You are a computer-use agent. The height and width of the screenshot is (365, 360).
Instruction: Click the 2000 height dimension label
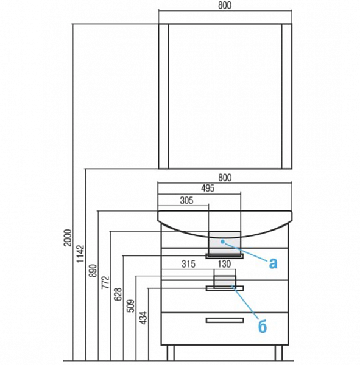click(68, 237)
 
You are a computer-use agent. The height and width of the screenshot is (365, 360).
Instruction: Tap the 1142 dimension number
click(80, 254)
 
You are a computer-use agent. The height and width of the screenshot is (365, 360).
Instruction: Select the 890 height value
click(93, 271)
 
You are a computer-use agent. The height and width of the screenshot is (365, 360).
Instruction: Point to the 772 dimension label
click(105, 282)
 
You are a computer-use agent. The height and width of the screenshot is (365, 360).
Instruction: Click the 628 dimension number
click(118, 294)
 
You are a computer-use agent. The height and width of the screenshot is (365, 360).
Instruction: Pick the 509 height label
click(132, 305)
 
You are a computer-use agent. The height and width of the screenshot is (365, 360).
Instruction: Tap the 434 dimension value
click(144, 318)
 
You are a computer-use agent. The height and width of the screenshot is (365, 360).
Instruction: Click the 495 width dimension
click(208, 188)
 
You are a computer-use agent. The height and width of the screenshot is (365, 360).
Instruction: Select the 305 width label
click(186, 200)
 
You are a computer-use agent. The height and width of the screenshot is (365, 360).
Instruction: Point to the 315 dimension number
click(188, 264)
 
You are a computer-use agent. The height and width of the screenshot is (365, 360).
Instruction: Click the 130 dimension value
click(224, 264)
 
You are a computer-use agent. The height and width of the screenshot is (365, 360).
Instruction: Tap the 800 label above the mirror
click(225, 5)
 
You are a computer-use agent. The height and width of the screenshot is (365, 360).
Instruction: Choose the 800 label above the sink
click(225, 178)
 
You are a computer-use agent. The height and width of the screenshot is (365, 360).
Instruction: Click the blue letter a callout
click(273, 263)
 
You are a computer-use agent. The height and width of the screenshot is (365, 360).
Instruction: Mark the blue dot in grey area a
click(223, 242)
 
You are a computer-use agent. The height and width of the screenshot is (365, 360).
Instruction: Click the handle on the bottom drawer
click(225, 321)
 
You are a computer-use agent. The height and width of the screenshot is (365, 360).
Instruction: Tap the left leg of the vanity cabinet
click(171, 353)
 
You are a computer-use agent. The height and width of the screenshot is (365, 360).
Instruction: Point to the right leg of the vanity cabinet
click(278, 353)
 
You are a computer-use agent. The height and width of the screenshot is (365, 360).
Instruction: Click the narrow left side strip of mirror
click(163, 96)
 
